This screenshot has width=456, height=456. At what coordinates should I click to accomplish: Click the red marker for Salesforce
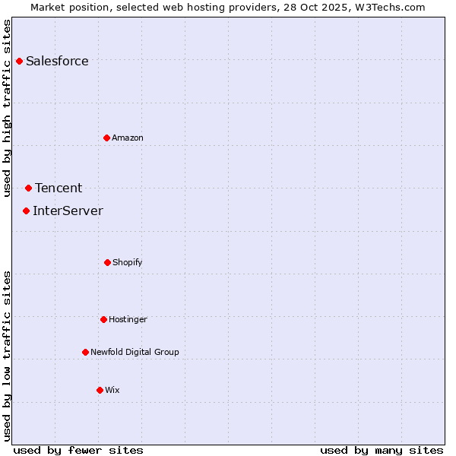coord(19,61)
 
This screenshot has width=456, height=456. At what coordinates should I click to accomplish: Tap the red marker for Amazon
coord(106,138)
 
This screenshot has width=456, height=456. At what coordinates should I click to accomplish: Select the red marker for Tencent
coord(28,188)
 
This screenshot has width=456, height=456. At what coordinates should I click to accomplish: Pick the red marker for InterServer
coord(26,211)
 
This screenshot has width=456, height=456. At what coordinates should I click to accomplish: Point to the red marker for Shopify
coord(107,262)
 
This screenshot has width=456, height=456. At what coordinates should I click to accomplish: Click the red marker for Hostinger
coord(103,319)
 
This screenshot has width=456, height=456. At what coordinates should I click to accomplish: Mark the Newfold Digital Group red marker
coord(85,352)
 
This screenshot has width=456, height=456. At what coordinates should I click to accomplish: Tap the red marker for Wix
coord(100,390)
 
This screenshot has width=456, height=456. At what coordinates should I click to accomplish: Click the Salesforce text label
coord(57,62)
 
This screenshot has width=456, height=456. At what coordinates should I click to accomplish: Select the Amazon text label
coord(128,138)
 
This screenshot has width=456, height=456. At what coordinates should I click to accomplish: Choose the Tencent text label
coord(59,188)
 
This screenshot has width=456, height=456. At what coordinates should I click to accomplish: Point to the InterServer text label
coord(68,211)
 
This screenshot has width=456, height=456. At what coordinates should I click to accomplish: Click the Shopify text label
coord(128,262)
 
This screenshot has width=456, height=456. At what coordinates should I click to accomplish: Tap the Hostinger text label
coord(128,319)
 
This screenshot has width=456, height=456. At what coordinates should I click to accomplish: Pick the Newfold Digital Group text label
coord(135,352)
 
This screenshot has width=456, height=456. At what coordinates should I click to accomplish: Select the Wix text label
coord(112,390)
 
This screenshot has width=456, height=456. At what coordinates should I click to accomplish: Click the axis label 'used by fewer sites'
coord(78,450)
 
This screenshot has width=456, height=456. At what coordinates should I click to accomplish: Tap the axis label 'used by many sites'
coord(382,450)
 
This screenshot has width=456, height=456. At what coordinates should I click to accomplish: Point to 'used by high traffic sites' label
coord(7,108)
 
